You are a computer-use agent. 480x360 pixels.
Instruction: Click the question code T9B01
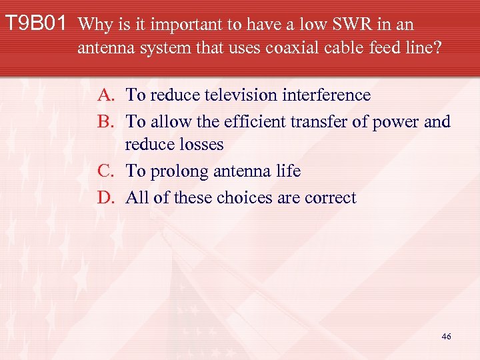(x=36, y=25)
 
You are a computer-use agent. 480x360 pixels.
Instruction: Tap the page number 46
(x=446, y=337)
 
